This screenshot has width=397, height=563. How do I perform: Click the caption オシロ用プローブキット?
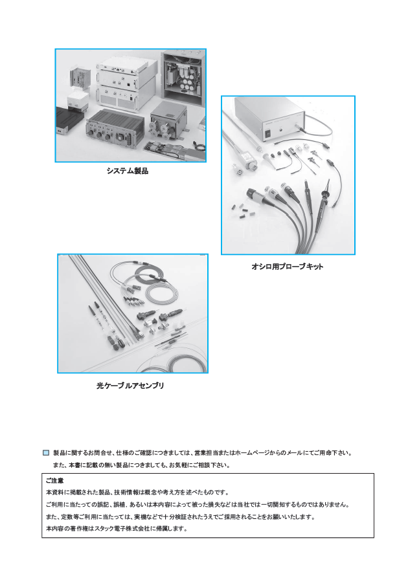tap(287, 266)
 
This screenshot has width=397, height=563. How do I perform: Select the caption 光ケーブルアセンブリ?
tap(130, 385)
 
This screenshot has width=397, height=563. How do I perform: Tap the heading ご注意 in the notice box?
tap(54, 481)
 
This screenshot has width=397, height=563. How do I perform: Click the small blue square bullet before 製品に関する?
tap(46, 453)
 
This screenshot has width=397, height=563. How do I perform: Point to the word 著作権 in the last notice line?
tap(76, 528)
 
